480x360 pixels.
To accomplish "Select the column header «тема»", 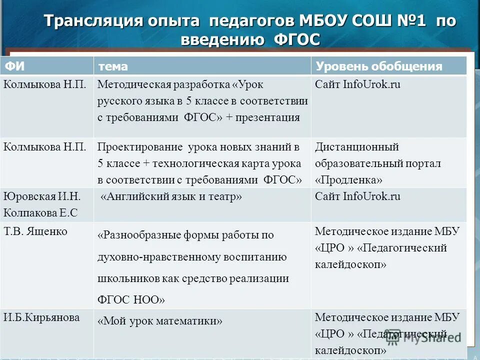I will (112, 66).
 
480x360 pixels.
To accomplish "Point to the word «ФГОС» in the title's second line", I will (297, 40).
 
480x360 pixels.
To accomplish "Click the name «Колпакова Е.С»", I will (40, 212).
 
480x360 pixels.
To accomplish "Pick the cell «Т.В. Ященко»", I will (35, 231).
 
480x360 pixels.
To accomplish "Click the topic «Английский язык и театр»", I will (171, 197).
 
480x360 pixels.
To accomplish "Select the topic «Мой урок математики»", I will (160, 321).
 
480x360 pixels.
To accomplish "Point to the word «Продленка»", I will (349, 179).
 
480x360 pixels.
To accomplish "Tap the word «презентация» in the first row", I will (270, 117).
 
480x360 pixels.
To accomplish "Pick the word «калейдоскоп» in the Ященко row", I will (351, 264).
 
